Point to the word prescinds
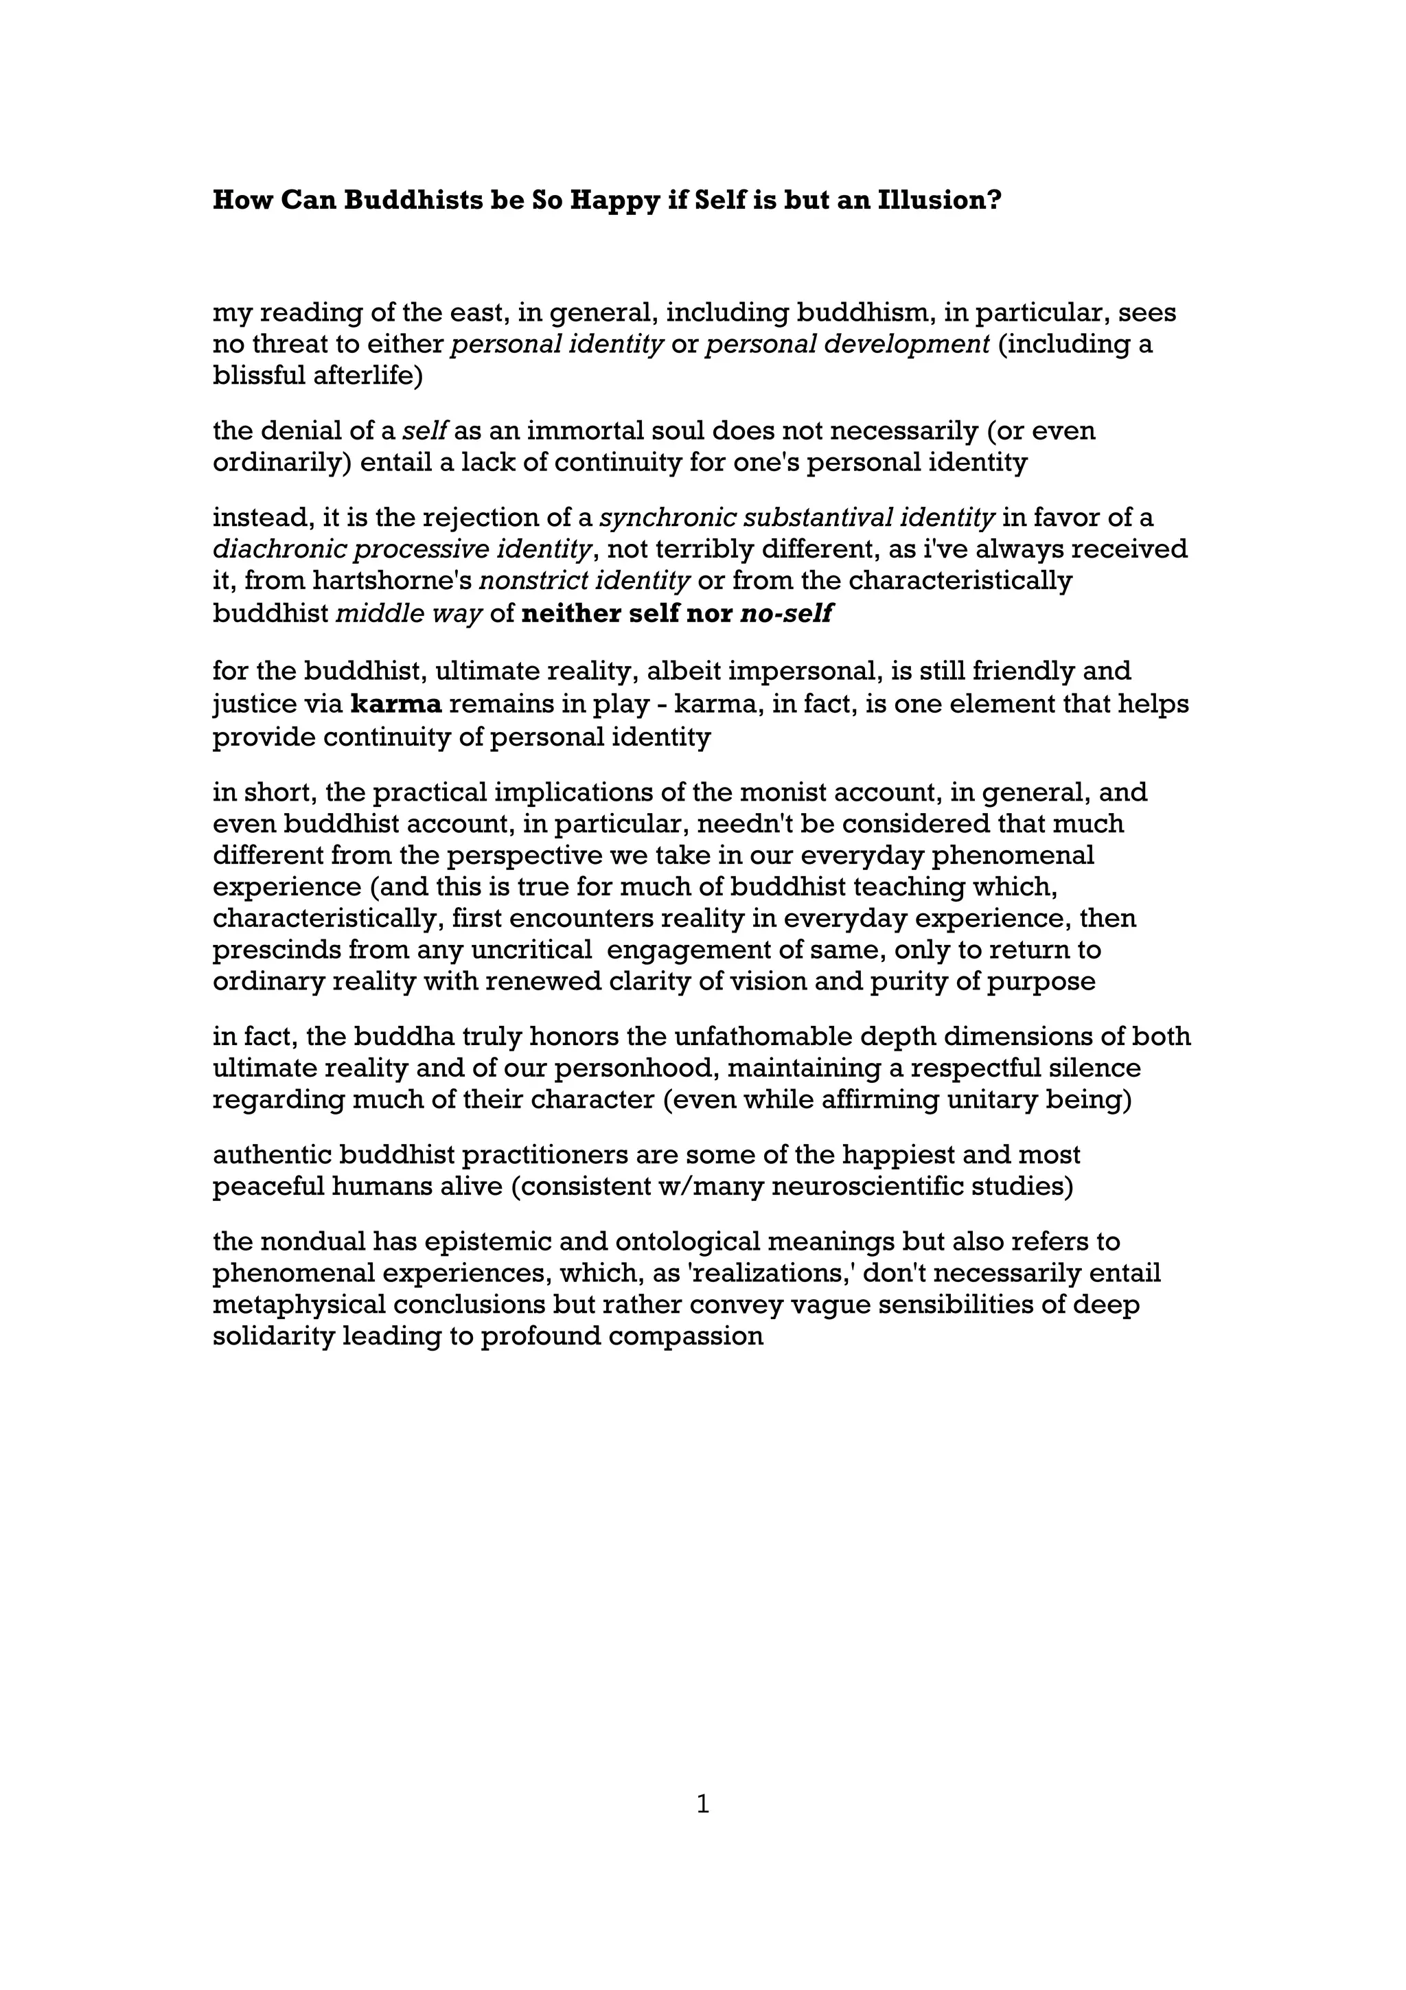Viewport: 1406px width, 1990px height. (277, 950)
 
